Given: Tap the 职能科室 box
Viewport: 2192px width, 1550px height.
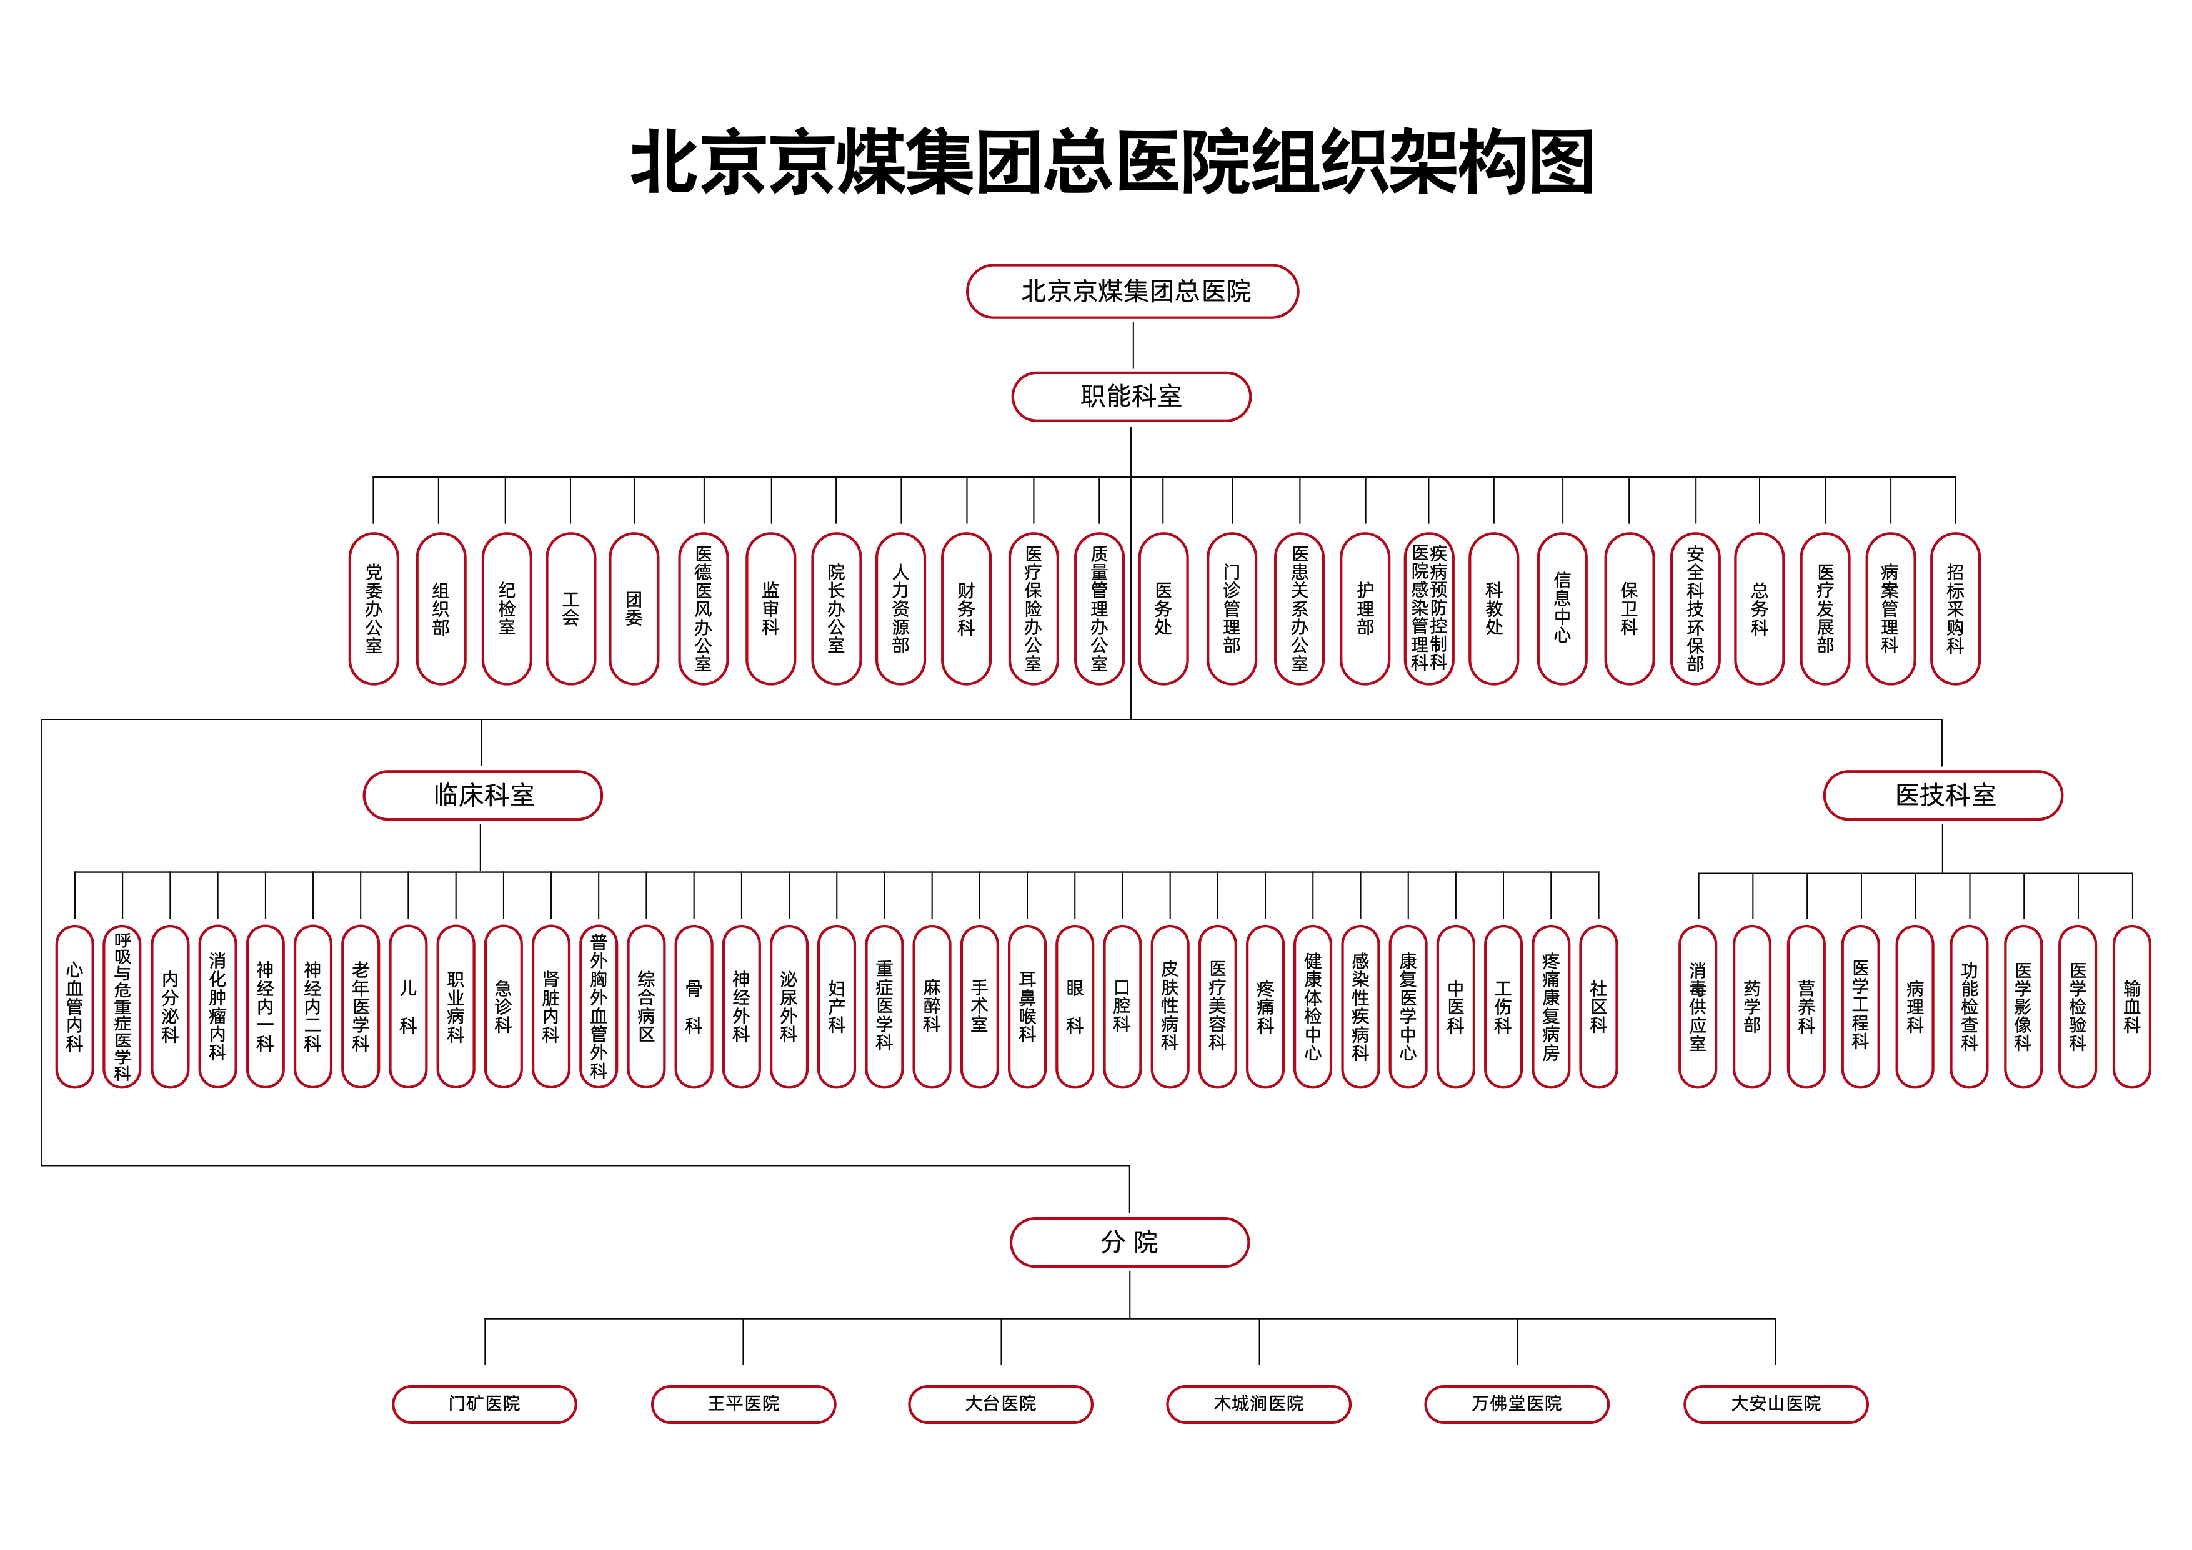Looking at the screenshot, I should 1132,396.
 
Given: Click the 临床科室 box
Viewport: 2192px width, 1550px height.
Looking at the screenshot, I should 483,795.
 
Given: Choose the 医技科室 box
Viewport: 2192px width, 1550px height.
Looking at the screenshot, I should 1943,795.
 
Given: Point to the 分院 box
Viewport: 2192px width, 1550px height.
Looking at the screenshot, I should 1129,1241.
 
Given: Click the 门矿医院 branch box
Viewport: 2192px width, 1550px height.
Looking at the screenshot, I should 484,1404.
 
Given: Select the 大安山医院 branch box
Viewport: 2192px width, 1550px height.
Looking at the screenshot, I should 1776,1404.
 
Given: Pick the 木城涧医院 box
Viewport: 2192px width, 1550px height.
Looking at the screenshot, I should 1258,1404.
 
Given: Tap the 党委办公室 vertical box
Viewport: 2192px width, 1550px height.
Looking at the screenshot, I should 373,609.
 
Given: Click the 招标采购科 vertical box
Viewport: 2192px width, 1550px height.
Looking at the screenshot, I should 1955,609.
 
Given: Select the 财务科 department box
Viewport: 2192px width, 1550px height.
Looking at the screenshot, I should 966,609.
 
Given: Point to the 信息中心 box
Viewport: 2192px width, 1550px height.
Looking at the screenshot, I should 1562,609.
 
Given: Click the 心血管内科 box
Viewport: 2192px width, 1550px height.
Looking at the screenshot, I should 74,1006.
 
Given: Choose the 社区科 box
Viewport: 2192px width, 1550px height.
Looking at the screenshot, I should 1598,1006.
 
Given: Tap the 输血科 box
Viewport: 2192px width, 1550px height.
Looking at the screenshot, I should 2132,1006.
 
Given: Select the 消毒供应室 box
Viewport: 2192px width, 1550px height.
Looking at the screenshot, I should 1698,1006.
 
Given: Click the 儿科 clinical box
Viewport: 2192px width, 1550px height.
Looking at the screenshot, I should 407,1006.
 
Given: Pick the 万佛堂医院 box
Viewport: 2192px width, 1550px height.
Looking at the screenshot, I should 1517,1404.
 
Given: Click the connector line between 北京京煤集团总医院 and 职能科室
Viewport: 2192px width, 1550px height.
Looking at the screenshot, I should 1133,345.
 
